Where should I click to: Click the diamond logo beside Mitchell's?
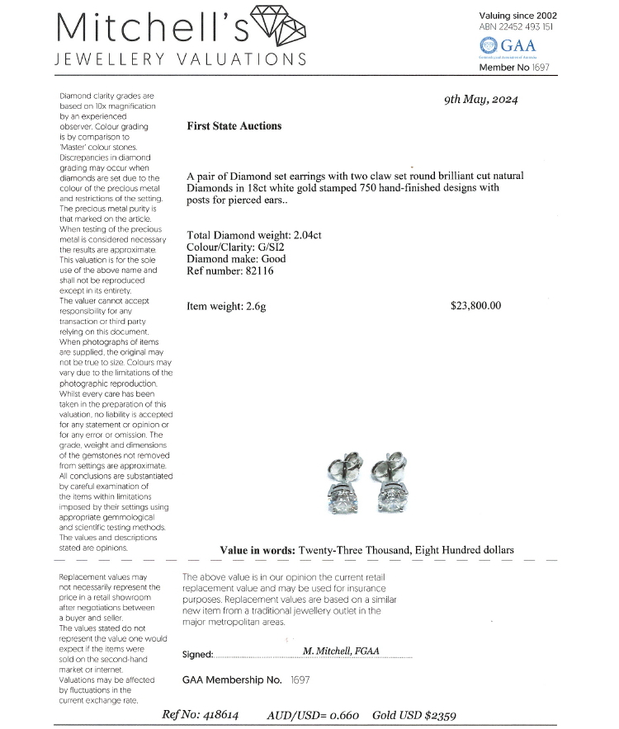pyautogui.click(x=278, y=27)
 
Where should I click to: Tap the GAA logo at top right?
pyautogui.click(x=507, y=46)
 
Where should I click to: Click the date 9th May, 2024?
pyautogui.click(x=482, y=100)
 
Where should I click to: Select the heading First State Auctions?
pyautogui.click(x=234, y=126)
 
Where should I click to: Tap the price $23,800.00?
pyautogui.click(x=475, y=306)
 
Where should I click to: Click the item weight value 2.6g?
pyautogui.click(x=255, y=306)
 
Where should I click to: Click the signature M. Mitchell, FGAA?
pyautogui.click(x=341, y=651)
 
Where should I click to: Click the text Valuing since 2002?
pyautogui.click(x=517, y=15)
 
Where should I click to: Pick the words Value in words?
pyautogui.click(x=257, y=550)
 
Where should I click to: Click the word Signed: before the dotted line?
pyautogui.click(x=197, y=655)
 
